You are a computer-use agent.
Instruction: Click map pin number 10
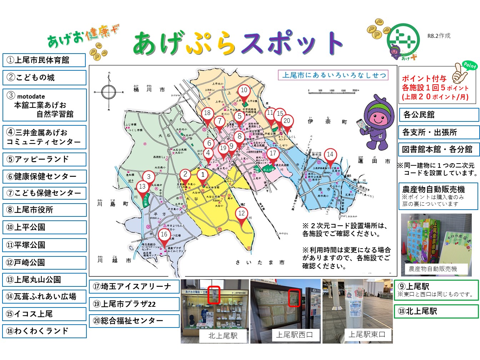pos(244,90)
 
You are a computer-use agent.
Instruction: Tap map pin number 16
pos(164,235)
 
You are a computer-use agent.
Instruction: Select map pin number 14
pos(330,155)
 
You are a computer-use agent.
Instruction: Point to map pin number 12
pos(242,214)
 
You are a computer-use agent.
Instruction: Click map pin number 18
pos(207,113)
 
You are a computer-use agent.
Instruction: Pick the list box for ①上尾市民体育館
pos(44,60)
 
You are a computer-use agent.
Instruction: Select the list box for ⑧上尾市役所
pos(44,210)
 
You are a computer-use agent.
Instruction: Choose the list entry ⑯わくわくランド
pos(44,331)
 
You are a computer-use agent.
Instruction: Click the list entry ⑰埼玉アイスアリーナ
pos(134,286)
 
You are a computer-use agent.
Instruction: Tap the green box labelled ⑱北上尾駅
pos(436,311)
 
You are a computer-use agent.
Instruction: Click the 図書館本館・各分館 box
pos(439,149)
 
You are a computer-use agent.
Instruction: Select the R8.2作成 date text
pos(439,36)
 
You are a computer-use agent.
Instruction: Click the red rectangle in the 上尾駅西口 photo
pos(294,298)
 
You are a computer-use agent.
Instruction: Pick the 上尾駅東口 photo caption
pos(367,335)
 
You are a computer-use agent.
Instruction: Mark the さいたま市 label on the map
pos(260,262)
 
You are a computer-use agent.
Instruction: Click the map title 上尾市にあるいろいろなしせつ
pos(334,75)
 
